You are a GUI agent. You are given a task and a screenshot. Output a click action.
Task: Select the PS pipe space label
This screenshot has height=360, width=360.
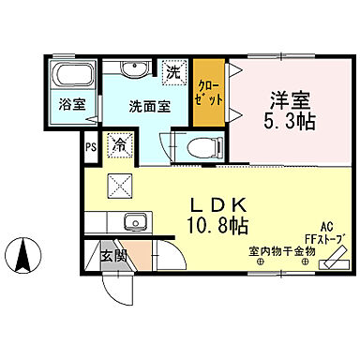[91, 146]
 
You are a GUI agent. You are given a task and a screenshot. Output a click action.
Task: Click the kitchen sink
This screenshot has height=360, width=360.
[133, 223]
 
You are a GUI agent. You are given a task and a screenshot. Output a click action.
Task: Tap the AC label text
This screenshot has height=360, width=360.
[327, 227]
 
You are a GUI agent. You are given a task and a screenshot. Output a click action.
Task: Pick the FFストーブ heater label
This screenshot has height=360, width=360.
[324, 238]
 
